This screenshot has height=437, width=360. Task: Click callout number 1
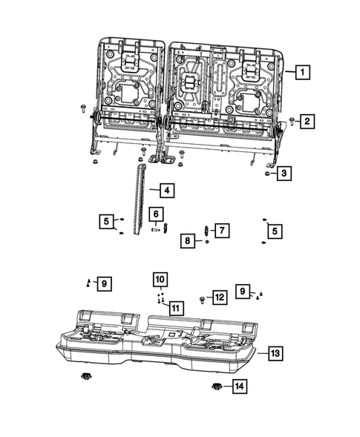(x=302, y=73)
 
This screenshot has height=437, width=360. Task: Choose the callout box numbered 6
(x=156, y=214)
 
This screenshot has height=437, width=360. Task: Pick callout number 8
(x=189, y=241)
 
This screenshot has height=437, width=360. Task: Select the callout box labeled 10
(x=160, y=279)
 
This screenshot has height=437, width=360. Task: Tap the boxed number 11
(x=175, y=307)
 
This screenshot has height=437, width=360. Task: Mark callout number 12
(x=218, y=297)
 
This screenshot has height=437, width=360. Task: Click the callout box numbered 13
(x=275, y=354)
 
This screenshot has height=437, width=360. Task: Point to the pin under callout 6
(x=156, y=230)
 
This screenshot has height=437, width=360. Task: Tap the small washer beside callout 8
(x=207, y=241)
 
